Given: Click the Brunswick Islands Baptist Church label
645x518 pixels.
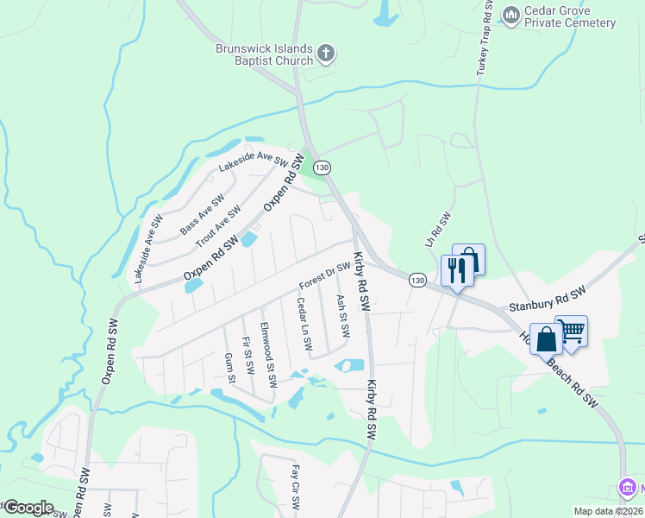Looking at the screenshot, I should click(264, 55).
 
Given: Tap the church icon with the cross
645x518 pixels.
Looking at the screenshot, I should click(326, 54).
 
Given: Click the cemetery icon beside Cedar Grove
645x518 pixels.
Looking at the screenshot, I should click(511, 15).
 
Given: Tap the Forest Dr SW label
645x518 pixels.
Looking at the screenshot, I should click(325, 276).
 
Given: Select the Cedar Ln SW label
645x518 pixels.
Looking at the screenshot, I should click(304, 324).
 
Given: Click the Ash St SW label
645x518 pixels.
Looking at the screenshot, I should click(341, 316).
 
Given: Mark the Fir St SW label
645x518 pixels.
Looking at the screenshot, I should click(247, 355).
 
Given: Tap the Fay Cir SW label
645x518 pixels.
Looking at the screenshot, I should click(295, 488).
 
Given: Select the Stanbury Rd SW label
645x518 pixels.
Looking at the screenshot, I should click(547, 299).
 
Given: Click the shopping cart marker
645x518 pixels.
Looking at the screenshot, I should click(572, 329).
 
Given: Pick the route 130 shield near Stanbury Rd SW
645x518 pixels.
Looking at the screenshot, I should click(417, 281).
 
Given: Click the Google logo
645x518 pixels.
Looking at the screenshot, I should click(28, 508).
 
